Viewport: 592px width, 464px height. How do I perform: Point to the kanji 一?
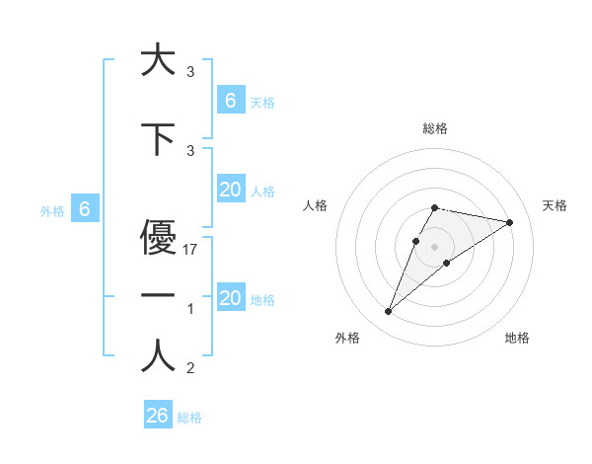tap(158, 295)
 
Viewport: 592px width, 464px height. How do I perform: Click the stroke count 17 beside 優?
tap(191, 251)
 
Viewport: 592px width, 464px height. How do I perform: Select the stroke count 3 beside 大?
tap(190, 72)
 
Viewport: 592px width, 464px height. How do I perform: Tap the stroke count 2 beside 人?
tap(190, 369)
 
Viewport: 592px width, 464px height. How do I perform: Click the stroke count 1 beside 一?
tap(190, 310)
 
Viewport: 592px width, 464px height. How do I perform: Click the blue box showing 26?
tap(158, 416)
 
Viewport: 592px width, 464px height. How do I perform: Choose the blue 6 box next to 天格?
tap(231, 100)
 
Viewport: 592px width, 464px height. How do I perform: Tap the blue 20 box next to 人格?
tap(231, 190)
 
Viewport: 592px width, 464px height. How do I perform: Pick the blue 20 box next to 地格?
tap(231, 298)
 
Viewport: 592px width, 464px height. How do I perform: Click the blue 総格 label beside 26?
tap(189, 418)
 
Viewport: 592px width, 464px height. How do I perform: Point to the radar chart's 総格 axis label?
tap(434, 128)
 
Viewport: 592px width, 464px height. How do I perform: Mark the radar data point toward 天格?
tap(509, 222)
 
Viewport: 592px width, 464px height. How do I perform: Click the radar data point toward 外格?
tap(388, 312)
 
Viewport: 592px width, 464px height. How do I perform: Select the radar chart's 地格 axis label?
tap(517, 338)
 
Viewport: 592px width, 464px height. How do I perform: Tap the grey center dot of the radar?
tap(434, 247)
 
